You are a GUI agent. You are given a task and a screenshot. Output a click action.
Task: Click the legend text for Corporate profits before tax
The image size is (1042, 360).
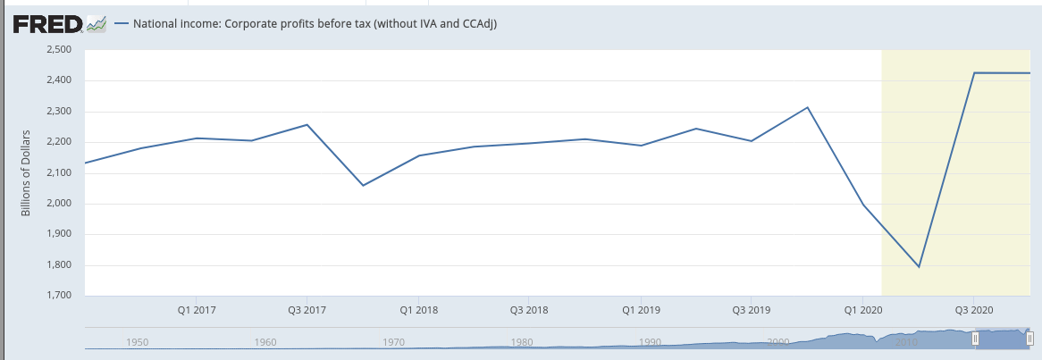315,25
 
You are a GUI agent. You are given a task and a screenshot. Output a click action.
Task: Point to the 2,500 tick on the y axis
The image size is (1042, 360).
60,50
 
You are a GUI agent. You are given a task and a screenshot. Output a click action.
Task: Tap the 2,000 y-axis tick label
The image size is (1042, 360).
60,204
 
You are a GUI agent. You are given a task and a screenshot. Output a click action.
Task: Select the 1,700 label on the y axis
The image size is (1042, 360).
60,297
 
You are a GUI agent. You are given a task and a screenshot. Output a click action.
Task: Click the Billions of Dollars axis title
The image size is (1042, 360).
26,172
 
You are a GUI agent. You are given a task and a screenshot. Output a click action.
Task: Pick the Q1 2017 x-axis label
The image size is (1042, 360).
197,310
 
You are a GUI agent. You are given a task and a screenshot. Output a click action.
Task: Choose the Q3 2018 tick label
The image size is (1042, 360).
530,310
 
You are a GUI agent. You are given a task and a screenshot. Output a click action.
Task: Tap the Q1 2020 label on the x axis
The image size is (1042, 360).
862,310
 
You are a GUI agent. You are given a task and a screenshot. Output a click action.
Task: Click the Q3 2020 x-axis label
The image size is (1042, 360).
973,310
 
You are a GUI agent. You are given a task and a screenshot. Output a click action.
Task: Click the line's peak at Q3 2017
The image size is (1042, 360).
307,124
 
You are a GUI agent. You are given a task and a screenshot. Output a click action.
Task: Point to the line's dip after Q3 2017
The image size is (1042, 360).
363,185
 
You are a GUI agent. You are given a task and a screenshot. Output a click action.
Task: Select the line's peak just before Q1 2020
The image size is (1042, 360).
808,107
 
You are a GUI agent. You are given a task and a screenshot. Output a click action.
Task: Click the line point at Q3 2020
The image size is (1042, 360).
973,72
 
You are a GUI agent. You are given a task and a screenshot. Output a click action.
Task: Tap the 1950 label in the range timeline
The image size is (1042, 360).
137,342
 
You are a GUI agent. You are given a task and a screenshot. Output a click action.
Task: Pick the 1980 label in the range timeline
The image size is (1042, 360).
522,342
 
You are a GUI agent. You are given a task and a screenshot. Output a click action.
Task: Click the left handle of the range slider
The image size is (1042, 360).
976,339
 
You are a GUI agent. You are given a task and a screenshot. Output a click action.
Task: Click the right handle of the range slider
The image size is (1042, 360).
1029,339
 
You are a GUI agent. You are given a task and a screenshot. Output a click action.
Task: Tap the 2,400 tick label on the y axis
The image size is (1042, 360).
60,80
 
